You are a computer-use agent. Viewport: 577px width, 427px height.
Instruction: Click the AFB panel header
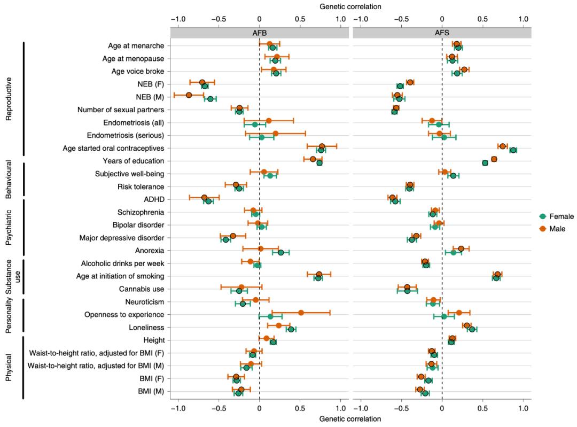(x=259, y=32)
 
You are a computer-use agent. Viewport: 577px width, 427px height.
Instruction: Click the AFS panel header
(x=442, y=32)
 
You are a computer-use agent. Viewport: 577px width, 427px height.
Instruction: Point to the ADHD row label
(x=153, y=199)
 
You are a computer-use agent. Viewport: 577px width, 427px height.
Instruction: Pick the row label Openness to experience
(x=124, y=315)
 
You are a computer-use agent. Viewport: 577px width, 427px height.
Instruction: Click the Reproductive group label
(x=9, y=99)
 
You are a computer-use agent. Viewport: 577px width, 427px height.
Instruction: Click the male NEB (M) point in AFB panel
(x=189, y=95)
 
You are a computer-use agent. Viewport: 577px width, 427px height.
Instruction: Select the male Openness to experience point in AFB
(x=301, y=313)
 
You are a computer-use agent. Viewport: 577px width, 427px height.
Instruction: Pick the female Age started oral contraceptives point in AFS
(x=513, y=150)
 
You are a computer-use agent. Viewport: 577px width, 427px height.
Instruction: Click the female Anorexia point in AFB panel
(x=280, y=252)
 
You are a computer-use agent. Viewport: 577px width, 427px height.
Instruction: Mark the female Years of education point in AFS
(x=485, y=162)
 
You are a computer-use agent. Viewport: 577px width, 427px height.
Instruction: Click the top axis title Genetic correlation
(x=350, y=7)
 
